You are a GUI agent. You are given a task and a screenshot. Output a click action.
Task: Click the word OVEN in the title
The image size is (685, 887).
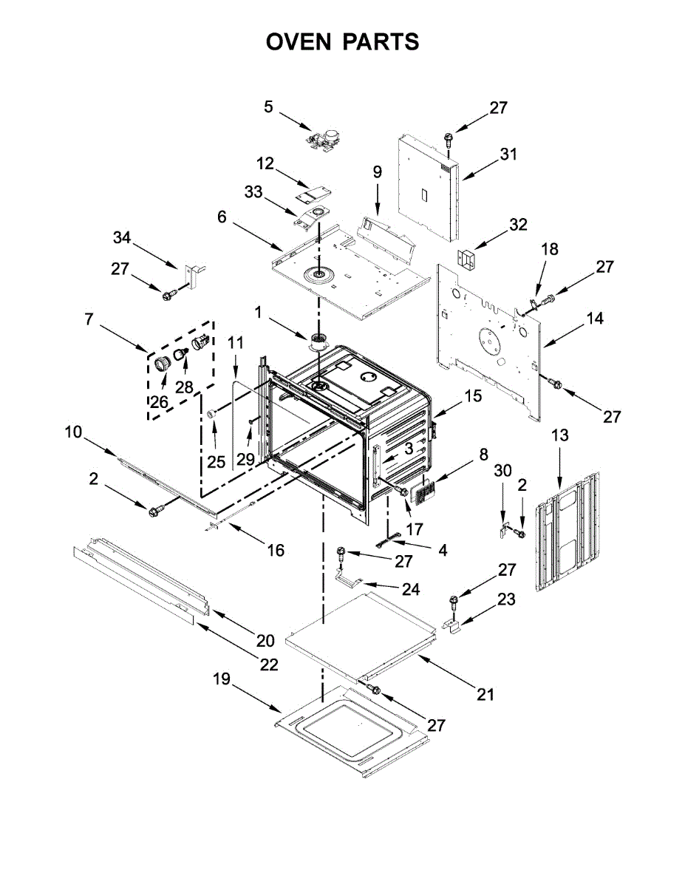299,41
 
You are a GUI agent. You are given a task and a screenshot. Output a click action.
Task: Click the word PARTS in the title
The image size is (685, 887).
381,41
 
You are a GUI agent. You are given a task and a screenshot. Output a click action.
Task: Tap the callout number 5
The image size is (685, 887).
268,107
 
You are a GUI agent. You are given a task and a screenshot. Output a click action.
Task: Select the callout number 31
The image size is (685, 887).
508,154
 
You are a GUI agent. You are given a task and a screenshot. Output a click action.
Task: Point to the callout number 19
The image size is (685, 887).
222,679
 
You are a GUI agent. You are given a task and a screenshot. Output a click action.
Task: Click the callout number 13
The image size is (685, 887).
560,435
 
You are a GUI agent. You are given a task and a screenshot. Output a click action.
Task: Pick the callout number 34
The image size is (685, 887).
122,237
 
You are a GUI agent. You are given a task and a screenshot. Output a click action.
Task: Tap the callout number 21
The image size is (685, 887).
485,695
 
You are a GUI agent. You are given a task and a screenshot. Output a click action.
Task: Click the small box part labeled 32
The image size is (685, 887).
466,259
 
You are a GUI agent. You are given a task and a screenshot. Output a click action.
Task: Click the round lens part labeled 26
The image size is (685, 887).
163,362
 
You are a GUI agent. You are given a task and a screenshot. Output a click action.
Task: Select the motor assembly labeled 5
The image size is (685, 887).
324,138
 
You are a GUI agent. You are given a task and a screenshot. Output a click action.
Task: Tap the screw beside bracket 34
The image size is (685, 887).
169,294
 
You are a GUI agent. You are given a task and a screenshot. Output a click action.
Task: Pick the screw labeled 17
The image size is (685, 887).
401,491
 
